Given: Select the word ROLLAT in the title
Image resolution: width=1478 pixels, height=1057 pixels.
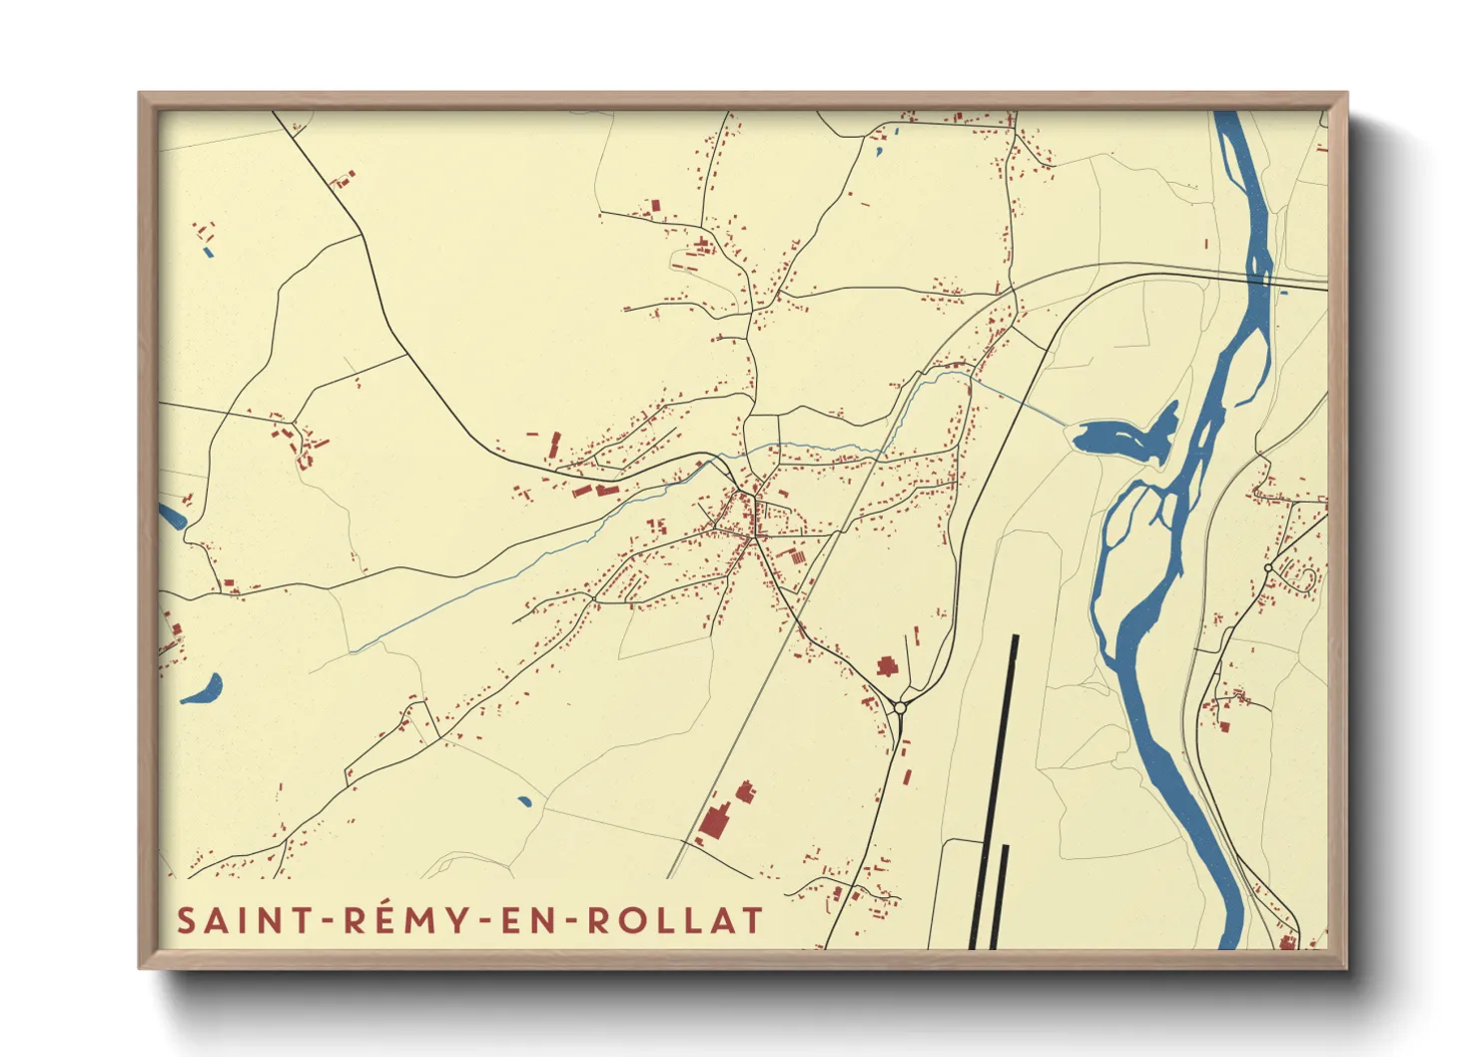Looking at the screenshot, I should coord(675,920).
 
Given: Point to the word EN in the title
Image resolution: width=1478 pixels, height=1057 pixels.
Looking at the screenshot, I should coord(525,920).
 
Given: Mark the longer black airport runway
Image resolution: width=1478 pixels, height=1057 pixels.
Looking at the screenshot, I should coord(995,789).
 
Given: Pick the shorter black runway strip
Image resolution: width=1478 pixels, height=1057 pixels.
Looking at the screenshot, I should coord(1001,895).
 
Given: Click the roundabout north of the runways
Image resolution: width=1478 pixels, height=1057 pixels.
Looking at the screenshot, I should coord(900,707).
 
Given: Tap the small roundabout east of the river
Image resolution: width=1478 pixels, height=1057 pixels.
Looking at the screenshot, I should coord(1267,567).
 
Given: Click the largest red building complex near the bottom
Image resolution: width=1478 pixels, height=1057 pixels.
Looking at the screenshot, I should coord(714,821).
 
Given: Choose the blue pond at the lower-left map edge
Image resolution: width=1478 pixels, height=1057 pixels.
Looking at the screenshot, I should coord(204,690).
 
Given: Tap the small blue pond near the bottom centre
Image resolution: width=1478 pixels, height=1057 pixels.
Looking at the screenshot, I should coord(524,800).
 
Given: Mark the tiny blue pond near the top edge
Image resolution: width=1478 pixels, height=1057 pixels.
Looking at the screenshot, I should coord(879,152).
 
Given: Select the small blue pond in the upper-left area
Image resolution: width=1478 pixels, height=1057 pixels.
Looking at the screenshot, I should coord(208,252).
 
